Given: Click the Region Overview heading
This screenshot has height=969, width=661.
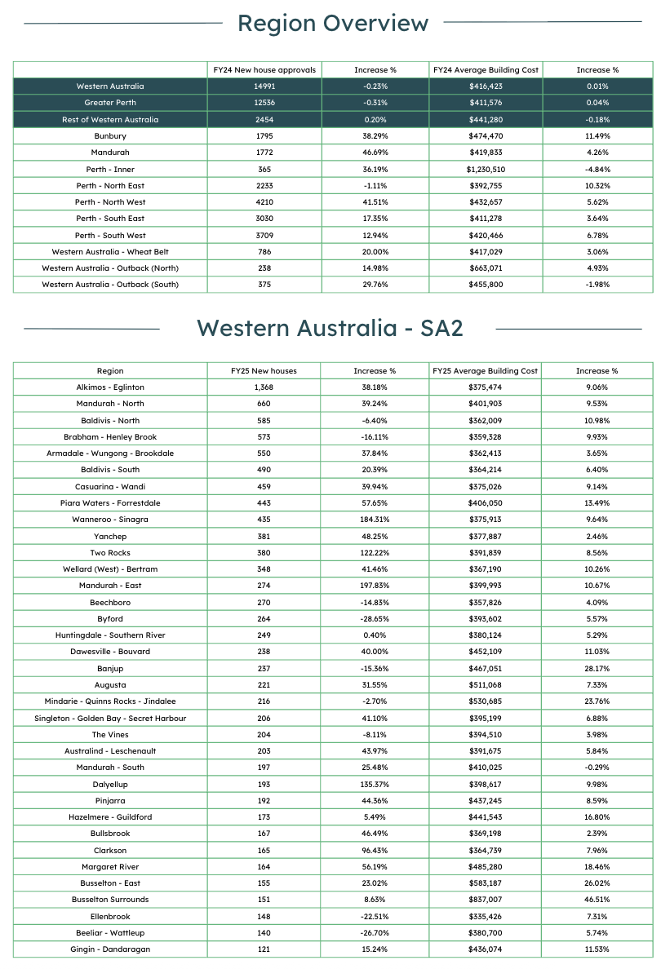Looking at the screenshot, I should [332, 24].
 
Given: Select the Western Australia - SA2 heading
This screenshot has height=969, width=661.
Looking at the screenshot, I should [330, 328].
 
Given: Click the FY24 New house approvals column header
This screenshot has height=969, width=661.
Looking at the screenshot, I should [264, 70].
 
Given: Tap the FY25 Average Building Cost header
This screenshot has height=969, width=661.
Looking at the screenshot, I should [485, 371].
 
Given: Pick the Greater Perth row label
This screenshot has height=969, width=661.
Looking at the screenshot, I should [110, 103].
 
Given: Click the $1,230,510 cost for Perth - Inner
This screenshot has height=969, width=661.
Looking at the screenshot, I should [486, 169].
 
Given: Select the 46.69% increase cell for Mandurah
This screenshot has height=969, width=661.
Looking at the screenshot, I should [375, 153].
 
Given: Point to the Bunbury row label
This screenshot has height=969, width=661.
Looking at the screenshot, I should [110, 136].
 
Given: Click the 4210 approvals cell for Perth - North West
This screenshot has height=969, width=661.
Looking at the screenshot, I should [264, 202].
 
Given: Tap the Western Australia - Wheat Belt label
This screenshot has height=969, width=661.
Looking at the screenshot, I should [110, 252].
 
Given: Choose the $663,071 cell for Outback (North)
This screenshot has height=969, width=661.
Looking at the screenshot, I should [486, 268].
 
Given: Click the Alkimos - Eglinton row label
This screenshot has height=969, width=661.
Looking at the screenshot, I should [110, 387].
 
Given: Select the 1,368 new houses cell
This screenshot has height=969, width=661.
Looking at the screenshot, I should [264, 387].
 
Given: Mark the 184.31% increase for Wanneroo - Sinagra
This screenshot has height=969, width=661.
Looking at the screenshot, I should [375, 520].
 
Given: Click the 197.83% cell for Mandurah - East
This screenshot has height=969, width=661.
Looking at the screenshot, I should [375, 586].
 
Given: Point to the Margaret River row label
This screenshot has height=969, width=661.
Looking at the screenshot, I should [110, 866].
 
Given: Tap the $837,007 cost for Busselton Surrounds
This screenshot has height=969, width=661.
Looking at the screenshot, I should [486, 900].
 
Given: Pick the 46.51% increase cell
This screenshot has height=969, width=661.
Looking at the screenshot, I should [597, 900].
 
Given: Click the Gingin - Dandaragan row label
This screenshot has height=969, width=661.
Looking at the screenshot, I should [110, 949].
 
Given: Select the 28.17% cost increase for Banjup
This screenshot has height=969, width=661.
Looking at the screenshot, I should [597, 668].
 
